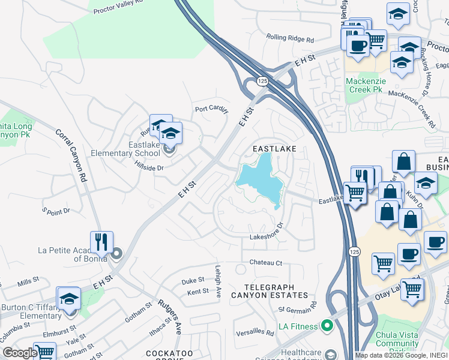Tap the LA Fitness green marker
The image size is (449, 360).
click(x=327, y=326)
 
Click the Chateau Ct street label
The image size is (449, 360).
click(x=266, y=263)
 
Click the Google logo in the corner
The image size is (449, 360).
click(x=20, y=353)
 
